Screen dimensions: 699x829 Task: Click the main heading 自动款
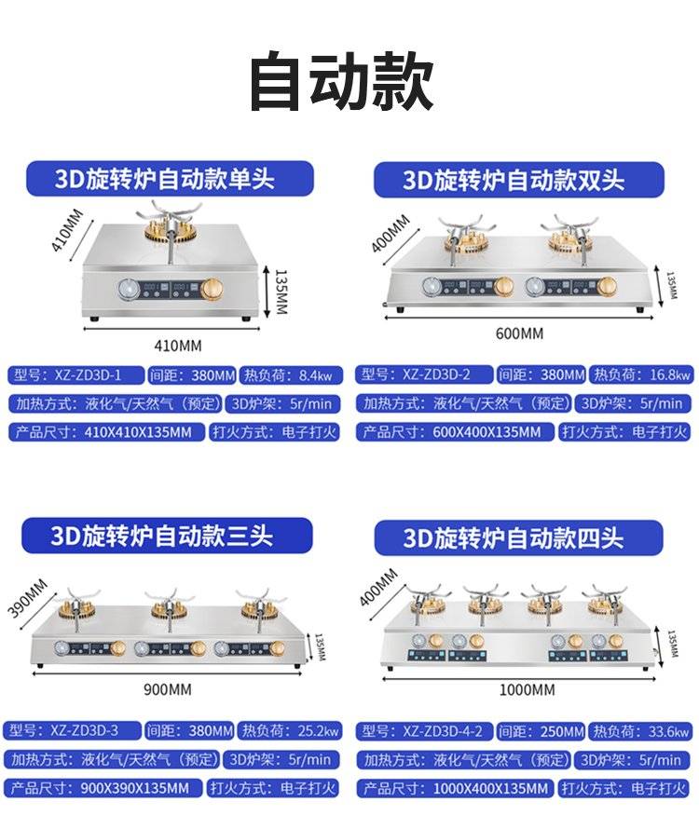341,80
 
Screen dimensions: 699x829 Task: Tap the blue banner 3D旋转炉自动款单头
170,179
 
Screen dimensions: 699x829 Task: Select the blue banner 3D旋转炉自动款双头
518,180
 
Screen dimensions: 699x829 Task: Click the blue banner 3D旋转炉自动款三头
167,536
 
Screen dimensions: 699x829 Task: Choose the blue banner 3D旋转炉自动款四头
518,537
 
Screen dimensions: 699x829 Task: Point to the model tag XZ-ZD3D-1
75,375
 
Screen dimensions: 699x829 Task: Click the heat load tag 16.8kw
641,374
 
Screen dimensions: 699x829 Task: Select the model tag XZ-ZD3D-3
73,730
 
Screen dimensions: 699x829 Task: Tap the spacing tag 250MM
541,732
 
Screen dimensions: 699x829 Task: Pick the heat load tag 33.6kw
640,732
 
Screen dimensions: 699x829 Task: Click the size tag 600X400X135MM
456,432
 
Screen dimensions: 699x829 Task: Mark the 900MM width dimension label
167,689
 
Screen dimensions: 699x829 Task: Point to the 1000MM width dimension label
527,690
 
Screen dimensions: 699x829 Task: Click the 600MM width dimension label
519,333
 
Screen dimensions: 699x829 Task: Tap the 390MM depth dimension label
28,598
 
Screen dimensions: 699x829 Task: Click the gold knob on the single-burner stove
212,289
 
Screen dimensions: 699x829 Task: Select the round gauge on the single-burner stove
129,289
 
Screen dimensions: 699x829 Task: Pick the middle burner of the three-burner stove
170,608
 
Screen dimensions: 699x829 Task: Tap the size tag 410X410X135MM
106,432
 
